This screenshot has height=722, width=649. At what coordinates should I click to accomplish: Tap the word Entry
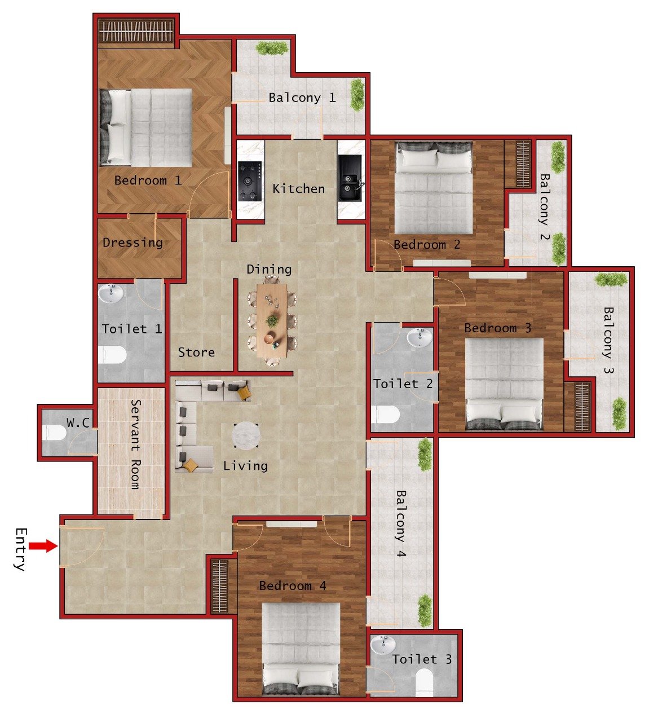point(20,549)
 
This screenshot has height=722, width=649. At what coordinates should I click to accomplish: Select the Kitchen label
point(298,189)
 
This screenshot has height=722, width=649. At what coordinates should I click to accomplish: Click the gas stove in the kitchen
point(250,182)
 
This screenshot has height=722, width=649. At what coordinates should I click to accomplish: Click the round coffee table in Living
point(246,436)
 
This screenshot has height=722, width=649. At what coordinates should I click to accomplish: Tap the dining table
point(272,321)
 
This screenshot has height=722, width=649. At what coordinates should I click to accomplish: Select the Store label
point(196,353)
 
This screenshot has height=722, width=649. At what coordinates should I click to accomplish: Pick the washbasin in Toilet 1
point(111,293)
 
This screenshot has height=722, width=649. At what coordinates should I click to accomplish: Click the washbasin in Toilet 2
point(420,338)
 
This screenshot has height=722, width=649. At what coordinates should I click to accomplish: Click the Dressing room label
point(133,243)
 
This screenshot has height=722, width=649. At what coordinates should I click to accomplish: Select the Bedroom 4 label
point(292,586)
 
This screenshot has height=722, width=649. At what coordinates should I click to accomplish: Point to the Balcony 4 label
point(400,523)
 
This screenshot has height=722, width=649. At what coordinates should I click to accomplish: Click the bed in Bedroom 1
point(147,127)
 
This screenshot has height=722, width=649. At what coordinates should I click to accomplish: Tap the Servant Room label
point(135,444)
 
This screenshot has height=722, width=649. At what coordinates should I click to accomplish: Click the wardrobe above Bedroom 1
point(136,30)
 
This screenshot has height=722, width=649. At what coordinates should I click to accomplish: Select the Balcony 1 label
point(302,98)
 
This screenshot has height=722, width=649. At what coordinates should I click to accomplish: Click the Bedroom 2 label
point(427,245)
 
